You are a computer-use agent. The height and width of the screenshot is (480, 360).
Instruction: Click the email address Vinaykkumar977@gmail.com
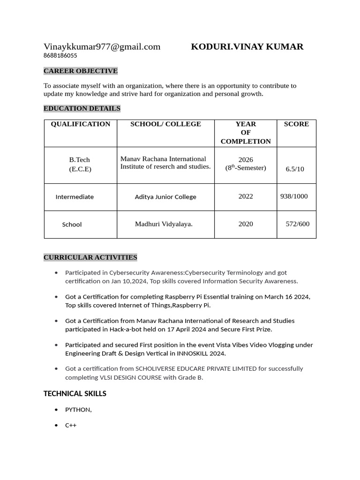102,46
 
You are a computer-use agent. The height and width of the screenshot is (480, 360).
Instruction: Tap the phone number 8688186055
60,55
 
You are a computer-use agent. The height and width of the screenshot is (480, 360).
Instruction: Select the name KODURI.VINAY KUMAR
247,46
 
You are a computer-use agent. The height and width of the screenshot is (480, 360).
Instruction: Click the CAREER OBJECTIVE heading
81,71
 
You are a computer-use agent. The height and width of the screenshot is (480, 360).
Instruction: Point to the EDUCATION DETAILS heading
82,108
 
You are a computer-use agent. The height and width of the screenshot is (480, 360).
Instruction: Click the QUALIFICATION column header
81,124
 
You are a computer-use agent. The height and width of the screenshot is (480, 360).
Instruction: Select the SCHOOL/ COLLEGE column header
165,124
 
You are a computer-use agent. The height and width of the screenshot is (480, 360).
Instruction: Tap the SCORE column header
296,124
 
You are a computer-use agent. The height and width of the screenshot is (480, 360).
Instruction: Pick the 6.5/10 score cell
295,169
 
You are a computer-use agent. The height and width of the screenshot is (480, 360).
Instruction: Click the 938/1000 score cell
294,196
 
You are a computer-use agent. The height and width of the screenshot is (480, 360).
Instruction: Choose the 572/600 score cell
298,224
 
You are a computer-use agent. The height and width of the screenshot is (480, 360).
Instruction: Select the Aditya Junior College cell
165,197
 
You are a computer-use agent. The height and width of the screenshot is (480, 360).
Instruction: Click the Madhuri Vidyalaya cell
164,224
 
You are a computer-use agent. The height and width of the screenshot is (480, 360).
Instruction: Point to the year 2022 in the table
246,196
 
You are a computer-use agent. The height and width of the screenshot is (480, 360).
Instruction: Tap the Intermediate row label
75,197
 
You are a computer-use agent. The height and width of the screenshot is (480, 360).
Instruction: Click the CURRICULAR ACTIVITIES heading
90,257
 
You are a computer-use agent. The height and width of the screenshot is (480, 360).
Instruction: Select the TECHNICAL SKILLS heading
75,394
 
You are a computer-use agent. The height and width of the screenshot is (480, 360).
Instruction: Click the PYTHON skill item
78,410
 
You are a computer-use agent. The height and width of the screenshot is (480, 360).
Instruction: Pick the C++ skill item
71,426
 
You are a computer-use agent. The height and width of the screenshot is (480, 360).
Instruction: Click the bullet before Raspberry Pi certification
57,297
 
